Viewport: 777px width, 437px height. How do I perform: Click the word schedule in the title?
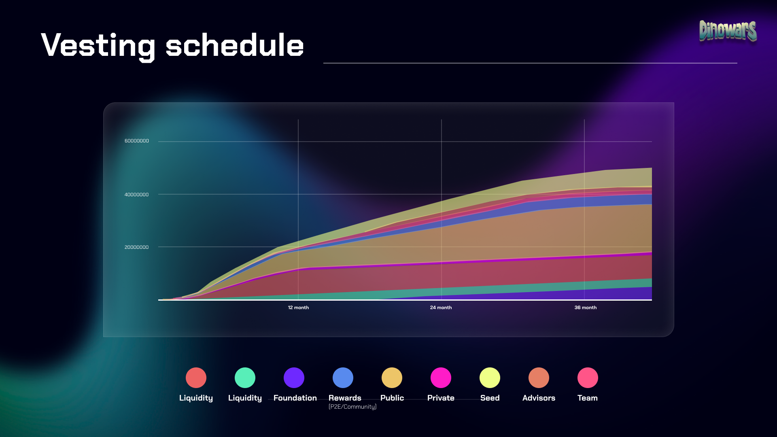[x=234, y=45]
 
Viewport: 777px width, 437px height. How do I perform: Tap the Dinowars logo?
[x=728, y=31]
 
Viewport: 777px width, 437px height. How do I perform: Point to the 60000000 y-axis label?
[x=136, y=141]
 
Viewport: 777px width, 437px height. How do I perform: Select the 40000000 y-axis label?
[x=136, y=195]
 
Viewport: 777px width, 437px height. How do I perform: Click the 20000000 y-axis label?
[x=136, y=247]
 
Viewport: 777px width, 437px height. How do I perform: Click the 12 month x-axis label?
[x=298, y=308]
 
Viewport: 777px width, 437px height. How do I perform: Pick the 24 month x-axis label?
[x=441, y=308]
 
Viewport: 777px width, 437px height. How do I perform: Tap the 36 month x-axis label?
[x=585, y=308]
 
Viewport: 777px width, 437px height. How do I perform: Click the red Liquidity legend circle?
[x=196, y=378]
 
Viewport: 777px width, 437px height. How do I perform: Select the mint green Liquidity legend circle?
[x=245, y=378]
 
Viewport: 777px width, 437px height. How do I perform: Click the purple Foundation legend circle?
[x=294, y=378]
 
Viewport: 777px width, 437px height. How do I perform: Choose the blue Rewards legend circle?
[x=343, y=378]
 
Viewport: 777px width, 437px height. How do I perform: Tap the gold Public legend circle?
[x=392, y=378]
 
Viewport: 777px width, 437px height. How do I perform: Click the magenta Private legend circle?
[x=441, y=378]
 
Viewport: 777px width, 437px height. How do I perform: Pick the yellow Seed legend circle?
[x=490, y=378]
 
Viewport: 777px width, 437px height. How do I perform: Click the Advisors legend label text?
[x=539, y=398]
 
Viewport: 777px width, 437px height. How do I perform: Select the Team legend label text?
[x=587, y=398]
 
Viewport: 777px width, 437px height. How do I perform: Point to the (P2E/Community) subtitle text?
[x=352, y=407]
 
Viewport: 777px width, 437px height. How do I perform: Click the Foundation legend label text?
[x=295, y=398]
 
